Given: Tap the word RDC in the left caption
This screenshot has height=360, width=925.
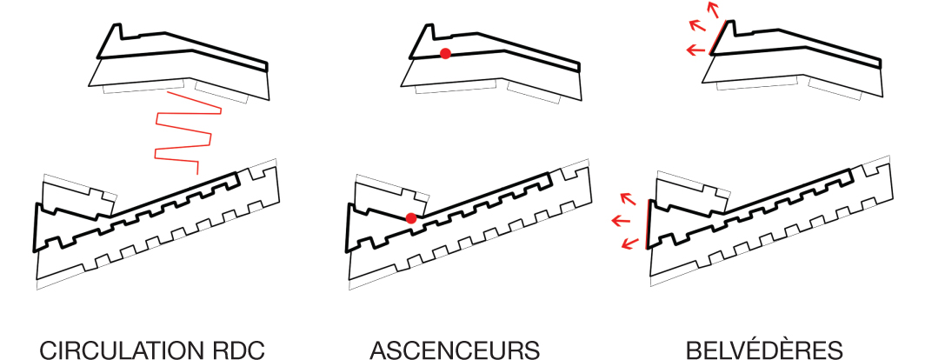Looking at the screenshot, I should (x=238, y=350).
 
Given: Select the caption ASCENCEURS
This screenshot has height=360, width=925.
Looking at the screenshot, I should (x=455, y=350).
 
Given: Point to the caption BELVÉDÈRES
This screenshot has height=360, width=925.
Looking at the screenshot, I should (x=764, y=350).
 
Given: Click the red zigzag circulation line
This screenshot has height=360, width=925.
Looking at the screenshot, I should (x=182, y=130).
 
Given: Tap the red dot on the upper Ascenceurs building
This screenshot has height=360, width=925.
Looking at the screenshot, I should (x=445, y=54).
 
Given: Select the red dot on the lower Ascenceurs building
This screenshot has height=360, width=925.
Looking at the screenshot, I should (x=411, y=217).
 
